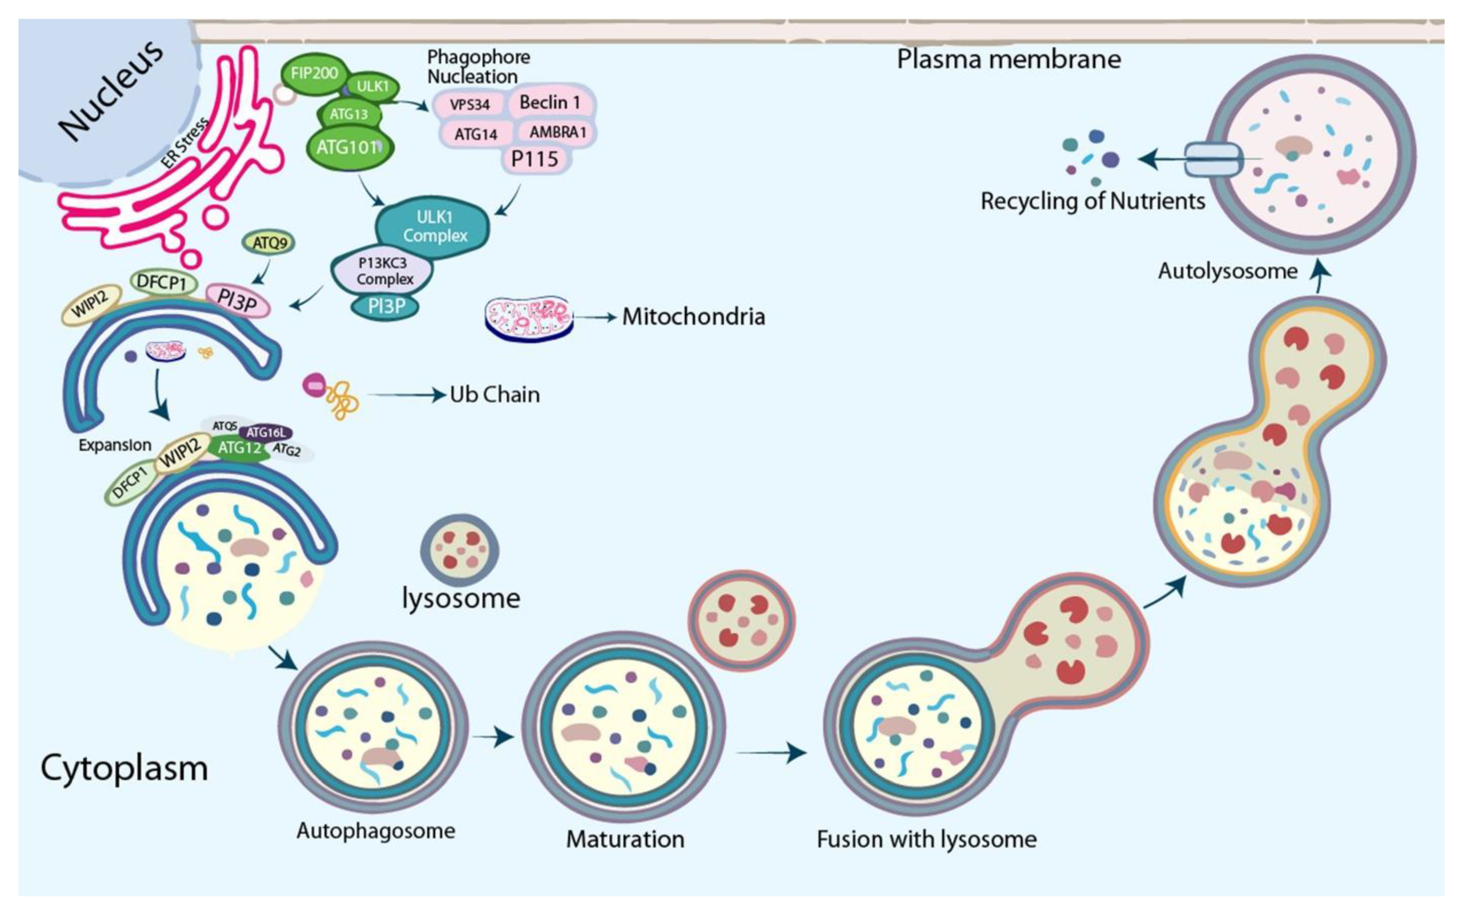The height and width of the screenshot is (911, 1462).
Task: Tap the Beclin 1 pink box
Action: (x=549, y=103)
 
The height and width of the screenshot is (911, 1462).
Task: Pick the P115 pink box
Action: (x=535, y=159)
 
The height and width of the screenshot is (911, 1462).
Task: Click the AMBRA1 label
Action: (x=557, y=132)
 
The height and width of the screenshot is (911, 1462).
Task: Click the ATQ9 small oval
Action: (x=270, y=243)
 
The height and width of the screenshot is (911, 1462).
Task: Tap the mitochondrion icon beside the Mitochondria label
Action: (x=529, y=318)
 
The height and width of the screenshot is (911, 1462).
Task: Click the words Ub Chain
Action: (x=494, y=395)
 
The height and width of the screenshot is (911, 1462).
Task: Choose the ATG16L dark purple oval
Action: (x=266, y=432)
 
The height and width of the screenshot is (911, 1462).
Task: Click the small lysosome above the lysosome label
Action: (x=460, y=550)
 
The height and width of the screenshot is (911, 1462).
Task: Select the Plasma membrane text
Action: (x=1009, y=60)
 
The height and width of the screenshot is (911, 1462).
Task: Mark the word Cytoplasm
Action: (x=124, y=769)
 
